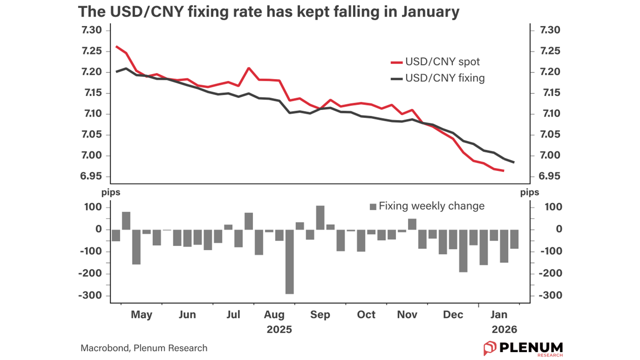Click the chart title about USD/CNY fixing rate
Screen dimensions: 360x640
click(268, 12)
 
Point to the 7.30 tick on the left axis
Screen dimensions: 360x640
click(91, 30)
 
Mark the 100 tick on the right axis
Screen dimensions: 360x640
click(552, 207)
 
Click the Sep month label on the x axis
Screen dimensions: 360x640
click(320, 315)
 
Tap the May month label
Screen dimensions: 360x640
click(141, 315)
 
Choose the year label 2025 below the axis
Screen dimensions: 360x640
click(279, 330)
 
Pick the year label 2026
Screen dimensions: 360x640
click(504, 330)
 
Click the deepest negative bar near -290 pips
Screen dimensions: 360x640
click(289, 261)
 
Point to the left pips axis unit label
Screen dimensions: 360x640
click(111, 191)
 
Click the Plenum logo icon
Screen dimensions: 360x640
click(489, 348)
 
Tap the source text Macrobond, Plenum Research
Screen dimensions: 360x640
click(144, 348)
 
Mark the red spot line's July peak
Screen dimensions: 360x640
click(249, 68)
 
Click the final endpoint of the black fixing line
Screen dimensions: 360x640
click(514, 162)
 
